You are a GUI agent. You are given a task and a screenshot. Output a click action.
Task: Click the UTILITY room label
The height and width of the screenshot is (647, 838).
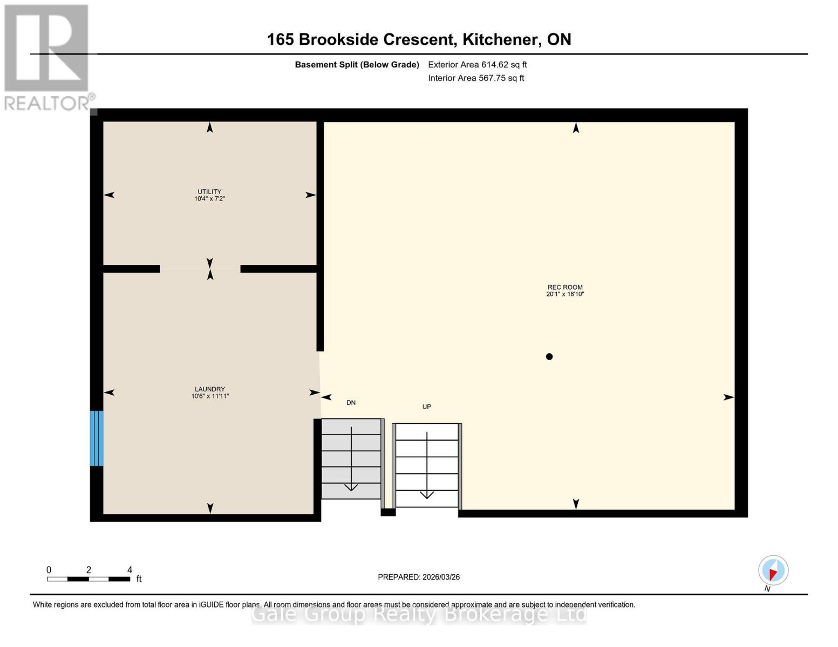(x=209, y=191)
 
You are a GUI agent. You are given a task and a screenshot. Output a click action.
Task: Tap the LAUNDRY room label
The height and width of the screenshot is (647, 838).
(x=210, y=389)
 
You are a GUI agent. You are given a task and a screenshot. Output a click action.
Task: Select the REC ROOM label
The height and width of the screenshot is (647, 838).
(x=565, y=287)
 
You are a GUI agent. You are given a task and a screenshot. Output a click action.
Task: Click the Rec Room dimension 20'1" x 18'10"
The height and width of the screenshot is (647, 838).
(x=565, y=294)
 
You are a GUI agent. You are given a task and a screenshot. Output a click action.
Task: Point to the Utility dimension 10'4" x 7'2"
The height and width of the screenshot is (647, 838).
(x=209, y=198)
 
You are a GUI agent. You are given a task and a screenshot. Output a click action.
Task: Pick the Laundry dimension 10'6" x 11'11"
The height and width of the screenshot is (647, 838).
(x=210, y=396)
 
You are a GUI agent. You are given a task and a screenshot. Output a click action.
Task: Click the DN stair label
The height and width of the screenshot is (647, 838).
(x=351, y=403)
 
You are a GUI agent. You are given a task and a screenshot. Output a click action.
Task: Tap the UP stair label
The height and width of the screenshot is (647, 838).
(x=426, y=407)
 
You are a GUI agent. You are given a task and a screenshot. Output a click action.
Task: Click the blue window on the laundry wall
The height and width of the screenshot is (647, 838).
(x=97, y=438)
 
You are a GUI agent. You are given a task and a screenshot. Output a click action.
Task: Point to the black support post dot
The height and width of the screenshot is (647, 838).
(x=549, y=357)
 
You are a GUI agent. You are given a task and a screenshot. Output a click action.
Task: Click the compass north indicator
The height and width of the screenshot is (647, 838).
(x=773, y=570)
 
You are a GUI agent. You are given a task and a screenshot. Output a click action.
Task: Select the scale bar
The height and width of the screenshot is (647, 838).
(x=88, y=579)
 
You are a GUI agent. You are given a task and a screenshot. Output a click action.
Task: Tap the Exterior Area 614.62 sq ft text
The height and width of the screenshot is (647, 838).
(x=478, y=65)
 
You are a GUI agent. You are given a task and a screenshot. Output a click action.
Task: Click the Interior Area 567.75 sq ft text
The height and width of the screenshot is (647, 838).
(x=476, y=78)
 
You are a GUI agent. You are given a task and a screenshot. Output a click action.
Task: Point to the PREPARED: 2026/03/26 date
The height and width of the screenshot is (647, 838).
(x=419, y=577)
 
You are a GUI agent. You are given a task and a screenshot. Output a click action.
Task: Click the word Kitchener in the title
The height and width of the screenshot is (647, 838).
(x=501, y=40)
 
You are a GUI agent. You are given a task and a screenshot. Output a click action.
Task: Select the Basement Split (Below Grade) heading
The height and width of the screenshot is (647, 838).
(x=357, y=65)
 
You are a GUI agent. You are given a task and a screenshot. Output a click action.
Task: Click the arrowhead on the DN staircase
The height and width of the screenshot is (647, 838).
(x=351, y=487)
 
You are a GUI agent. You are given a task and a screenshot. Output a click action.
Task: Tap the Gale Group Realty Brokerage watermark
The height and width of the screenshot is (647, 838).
(x=419, y=614)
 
